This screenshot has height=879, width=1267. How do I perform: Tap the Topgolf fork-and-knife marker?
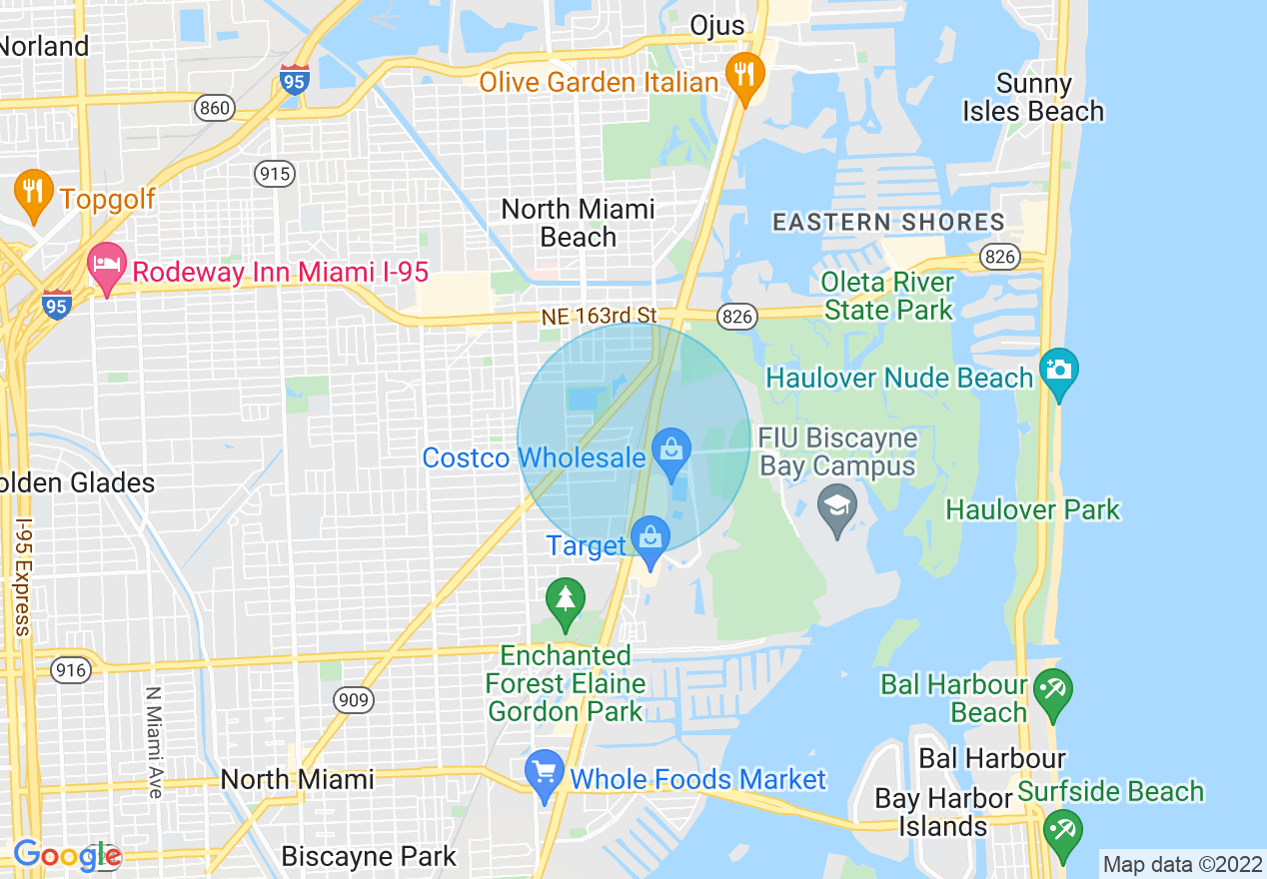point(34,193)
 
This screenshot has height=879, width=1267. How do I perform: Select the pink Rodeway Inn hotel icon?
point(106,267)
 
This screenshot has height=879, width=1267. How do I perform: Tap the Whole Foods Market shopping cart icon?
point(545,773)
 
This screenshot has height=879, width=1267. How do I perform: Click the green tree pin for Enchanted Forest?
point(566,601)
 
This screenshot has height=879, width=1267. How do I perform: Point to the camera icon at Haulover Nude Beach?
point(1058,372)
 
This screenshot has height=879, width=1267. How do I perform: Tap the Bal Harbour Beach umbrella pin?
point(1053,692)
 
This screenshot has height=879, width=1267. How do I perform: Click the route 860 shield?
point(215,108)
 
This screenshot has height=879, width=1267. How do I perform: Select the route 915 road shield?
point(275,174)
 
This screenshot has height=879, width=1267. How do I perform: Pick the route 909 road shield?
point(354,700)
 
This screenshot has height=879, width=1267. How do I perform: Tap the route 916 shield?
point(71,669)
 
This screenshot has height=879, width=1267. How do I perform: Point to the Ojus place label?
point(717,25)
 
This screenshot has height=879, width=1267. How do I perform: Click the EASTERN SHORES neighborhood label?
point(888,222)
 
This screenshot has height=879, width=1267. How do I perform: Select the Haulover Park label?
point(1032,510)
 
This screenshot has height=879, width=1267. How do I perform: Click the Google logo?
point(67,855)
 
